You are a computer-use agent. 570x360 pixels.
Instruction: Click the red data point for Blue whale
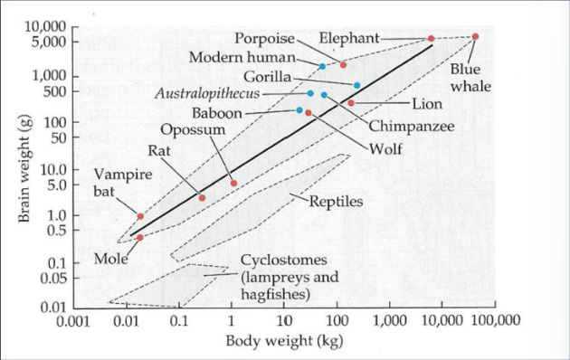(x=476, y=36)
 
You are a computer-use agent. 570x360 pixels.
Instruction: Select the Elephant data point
(x=431, y=39)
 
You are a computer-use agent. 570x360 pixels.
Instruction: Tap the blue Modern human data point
(x=322, y=66)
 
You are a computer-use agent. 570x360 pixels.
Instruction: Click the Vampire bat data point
(x=140, y=216)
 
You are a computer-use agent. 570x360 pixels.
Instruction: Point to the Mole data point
(x=139, y=237)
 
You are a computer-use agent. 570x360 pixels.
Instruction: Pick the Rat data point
(x=202, y=197)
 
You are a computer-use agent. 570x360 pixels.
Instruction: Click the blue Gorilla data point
(x=356, y=85)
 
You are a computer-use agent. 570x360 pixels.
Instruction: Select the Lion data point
(x=351, y=103)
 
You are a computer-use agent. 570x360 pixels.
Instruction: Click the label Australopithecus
(x=207, y=93)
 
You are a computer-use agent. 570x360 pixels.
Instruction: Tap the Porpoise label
(x=263, y=39)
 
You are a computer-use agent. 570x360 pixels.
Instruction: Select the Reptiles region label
(x=337, y=201)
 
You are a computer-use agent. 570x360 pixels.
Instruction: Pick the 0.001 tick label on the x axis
(x=74, y=320)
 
